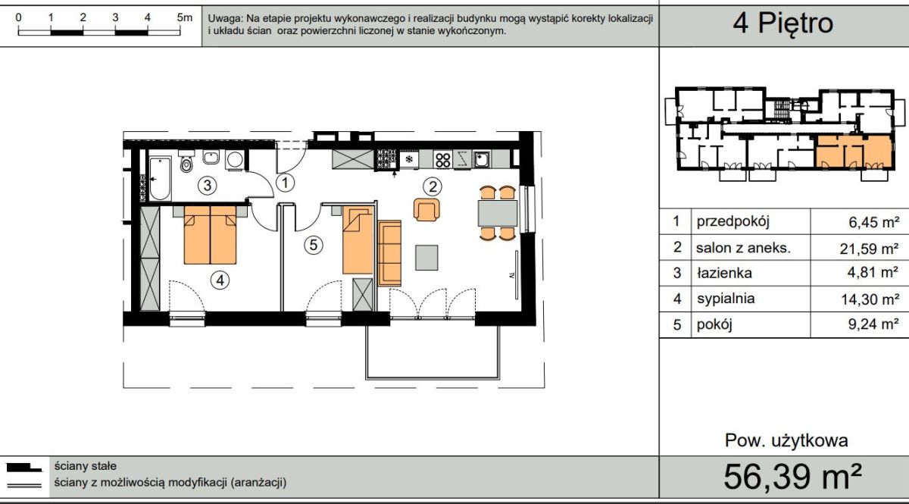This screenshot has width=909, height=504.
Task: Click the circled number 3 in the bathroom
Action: click(207, 186)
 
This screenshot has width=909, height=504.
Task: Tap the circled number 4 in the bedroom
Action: click(220, 280)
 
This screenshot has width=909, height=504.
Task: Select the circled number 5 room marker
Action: click(314, 245)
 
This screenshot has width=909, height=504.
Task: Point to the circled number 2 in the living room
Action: click(433, 186)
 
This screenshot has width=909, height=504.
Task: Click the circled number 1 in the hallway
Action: click(286, 183)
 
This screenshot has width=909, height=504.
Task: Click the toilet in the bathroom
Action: click(186, 161)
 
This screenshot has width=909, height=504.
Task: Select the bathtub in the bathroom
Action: click(160, 179)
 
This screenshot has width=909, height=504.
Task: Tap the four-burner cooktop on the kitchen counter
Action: click(442, 160)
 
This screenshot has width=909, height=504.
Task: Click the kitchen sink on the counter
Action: click(481, 160)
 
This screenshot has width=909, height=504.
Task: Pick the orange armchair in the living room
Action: click(426, 210)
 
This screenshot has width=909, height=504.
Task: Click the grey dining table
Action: click(498, 213)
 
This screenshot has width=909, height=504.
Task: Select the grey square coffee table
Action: click(426, 258)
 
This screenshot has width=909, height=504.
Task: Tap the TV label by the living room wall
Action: click(512, 275)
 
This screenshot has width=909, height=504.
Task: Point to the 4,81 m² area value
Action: click(873, 272)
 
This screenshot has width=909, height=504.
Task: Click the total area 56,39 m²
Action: click(792, 477)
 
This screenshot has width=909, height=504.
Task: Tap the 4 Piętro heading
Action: click(782, 23)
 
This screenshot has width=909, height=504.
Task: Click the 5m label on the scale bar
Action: click(185, 17)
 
